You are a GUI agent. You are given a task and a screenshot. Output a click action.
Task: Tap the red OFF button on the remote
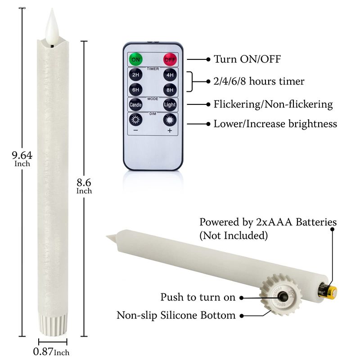click(x=169, y=59)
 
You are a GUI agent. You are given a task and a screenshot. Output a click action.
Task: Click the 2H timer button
click(x=135, y=74)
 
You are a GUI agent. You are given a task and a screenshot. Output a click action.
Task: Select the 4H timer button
click(x=169, y=74)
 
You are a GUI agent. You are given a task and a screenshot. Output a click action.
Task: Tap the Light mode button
click(x=169, y=104)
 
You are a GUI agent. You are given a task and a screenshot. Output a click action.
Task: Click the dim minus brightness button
click(x=135, y=120)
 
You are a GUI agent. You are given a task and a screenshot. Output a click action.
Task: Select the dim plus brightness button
click(x=169, y=120)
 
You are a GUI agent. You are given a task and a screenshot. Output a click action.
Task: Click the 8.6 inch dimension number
click(x=84, y=183)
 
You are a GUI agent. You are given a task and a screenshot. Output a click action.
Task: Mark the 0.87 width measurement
click(x=43, y=351)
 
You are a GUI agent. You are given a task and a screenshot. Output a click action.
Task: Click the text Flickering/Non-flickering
click(x=273, y=104)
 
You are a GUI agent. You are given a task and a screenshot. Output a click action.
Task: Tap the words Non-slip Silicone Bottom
click(x=176, y=315)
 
